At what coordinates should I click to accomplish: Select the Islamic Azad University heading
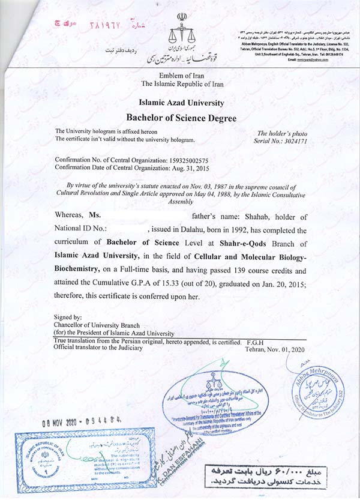pyautogui.click(x=181, y=103)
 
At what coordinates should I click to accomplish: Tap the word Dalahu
pyautogui.click(x=198, y=229)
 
